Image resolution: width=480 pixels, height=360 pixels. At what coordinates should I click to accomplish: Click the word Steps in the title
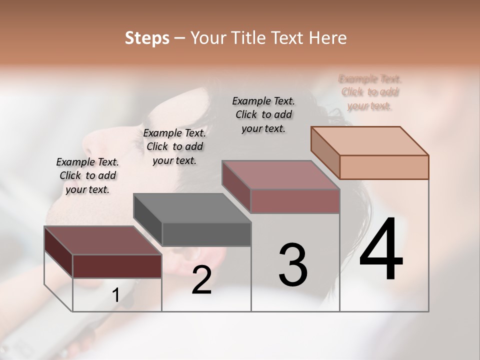(x=147, y=38)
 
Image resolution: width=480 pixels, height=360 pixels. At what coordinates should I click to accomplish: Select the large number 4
(x=381, y=249)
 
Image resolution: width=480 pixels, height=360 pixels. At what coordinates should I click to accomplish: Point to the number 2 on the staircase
(x=201, y=280)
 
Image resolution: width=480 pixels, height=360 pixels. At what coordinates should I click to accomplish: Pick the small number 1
(x=115, y=295)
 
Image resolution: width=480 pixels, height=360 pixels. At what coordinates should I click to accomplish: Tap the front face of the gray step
(x=206, y=234)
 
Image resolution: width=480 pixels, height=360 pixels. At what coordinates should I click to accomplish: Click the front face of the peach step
(x=384, y=167)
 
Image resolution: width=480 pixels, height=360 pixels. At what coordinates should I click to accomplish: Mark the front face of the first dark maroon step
(x=117, y=266)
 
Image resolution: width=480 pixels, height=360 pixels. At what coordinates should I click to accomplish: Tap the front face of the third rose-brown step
(x=295, y=201)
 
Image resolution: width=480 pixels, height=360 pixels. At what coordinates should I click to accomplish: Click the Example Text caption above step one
(x=87, y=175)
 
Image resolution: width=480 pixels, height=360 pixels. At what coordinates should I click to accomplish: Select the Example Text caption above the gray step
(x=174, y=146)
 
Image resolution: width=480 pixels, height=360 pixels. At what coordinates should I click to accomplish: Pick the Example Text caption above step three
(x=263, y=114)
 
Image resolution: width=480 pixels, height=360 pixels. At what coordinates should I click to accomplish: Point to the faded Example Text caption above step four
(x=370, y=92)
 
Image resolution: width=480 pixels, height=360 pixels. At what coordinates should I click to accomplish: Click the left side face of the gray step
(x=148, y=220)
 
